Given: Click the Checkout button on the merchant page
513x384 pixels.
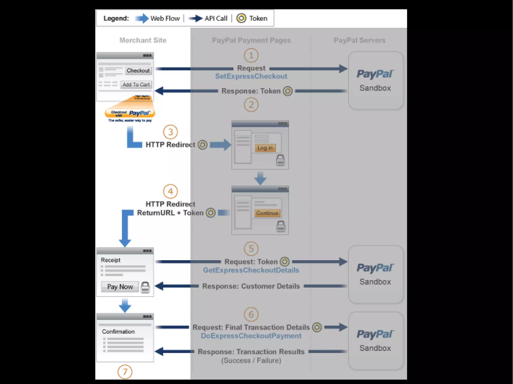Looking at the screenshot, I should coord(138,71).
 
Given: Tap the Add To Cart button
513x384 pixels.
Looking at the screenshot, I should coord(136,85).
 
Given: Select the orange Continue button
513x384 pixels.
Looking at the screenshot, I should coord(267,213).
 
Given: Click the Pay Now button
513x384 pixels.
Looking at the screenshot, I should coord(120,287).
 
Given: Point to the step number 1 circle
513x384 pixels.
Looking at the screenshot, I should coord(251,55).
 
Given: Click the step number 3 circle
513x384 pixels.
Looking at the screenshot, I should coord(170,132).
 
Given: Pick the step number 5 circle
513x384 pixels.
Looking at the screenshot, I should coord(251,249).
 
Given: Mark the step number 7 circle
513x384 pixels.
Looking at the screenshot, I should coord(125,372).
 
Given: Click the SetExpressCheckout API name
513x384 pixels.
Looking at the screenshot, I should coord(251,76).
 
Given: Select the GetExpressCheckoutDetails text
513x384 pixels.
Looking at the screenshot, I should coord(251,270).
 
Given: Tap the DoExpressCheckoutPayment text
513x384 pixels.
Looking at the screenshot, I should coord(251,336).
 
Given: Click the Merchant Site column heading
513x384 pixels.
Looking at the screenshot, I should coord(143,40).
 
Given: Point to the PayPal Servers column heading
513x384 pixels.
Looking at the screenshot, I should coord(359,40).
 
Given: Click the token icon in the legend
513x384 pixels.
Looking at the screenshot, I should coord(241,18).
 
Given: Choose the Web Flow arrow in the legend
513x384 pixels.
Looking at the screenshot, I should coord(142,18).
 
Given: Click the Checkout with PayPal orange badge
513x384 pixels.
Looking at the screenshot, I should coord(130,113).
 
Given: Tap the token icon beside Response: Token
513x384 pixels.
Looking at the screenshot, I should coord(288,91).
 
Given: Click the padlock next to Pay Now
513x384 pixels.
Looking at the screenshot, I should coord(145,287).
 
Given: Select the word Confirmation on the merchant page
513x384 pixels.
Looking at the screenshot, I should coord(118,332).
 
